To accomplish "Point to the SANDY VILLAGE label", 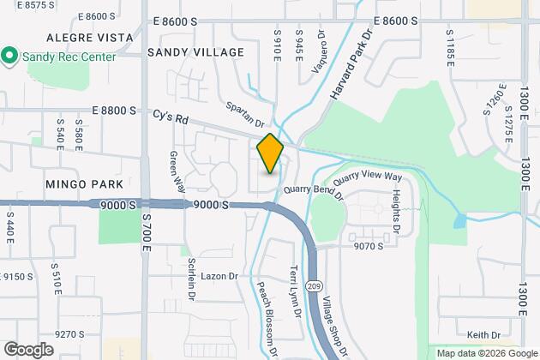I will click(x=195, y=52).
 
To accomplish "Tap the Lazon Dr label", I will click(x=219, y=277).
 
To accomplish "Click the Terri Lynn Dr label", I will click(x=296, y=289).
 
